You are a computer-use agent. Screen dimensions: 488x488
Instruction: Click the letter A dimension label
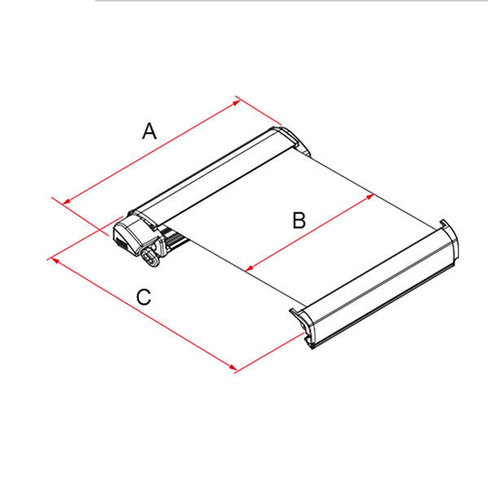pyautogui.click(x=150, y=131)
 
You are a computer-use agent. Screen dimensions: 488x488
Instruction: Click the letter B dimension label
pyautogui.click(x=299, y=220)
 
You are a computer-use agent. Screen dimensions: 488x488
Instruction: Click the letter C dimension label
pyautogui.click(x=144, y=297)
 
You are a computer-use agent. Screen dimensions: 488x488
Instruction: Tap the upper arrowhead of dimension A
pyautogui.click(x=236, y=102)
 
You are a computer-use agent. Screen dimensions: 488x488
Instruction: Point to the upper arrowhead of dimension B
pyautogui.click(x=370, y=196)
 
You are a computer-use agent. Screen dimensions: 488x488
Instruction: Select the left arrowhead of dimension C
pyautogui.click(x=55, y=260)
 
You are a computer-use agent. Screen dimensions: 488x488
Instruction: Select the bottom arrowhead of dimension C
pyautogui.click(x=232, y=368)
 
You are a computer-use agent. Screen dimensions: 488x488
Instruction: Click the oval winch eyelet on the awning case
pyautogui.click(x=150, y=257)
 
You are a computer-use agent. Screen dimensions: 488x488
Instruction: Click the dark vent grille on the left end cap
pyautogui.click(x=120, y=242)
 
